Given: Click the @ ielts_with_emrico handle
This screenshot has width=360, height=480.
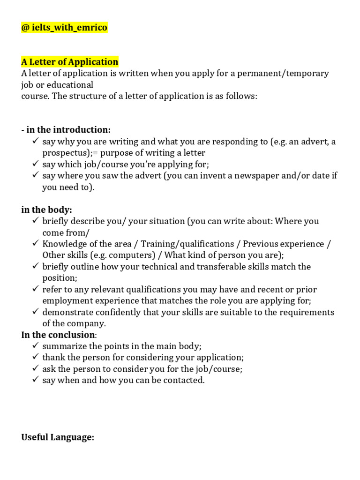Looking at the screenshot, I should (x=64, y=28).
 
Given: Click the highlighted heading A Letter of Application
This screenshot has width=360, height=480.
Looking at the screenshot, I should (x=70, y=62).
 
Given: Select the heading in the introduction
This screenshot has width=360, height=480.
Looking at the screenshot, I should (x=66, y=130).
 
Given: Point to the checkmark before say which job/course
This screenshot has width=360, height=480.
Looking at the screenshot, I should (x=36, y=164).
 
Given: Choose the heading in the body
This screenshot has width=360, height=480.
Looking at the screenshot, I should (x=47, y=210).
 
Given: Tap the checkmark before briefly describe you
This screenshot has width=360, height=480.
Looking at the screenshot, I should (x=36, y=221).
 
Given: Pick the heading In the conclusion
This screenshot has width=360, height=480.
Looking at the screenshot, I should (x=58, y=335).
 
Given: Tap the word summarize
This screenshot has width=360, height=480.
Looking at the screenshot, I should (x=63, y=346).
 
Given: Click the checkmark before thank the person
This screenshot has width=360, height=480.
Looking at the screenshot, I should (x=36, y=358).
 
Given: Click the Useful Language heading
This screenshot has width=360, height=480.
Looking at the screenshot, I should (x=58, y=437).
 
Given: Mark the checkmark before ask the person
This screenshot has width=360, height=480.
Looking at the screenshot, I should (x=36, y=369).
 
